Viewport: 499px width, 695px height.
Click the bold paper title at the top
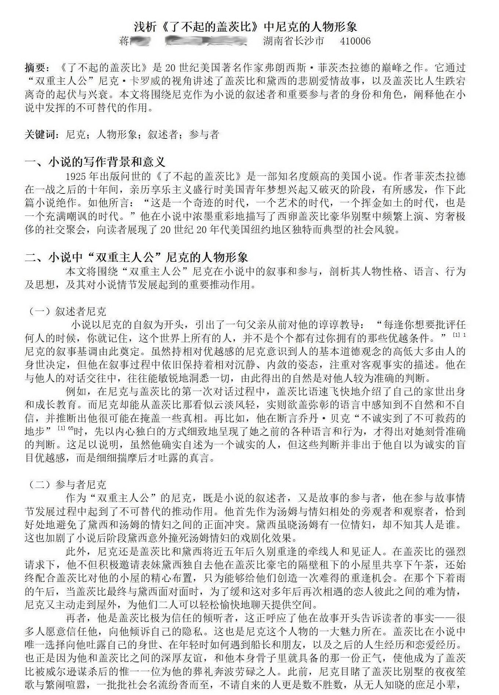245,26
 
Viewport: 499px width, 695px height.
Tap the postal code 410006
355,41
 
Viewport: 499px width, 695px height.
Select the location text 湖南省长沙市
293,41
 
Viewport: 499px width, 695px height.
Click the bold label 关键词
41,135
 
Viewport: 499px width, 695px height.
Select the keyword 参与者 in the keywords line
204,135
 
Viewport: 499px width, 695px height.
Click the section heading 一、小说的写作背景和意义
95,162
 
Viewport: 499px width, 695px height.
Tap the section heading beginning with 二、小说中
136,257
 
